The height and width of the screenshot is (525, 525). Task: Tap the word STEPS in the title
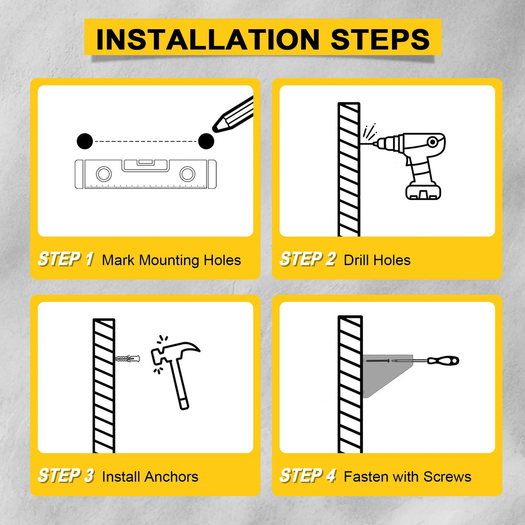(380, 39)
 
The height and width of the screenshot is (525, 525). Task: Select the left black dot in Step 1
(85, 140)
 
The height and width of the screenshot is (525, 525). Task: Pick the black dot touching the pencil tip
(206, 140)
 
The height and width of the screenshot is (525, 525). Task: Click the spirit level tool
(146, 174)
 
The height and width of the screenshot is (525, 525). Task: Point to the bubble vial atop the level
(145, 163)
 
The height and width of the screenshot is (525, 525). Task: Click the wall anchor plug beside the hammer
(125, 358)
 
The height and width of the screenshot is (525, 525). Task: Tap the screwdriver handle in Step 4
(443, 361)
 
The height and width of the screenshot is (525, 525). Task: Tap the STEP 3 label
(66, 476)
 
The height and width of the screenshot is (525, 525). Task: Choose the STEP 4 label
(308, 476)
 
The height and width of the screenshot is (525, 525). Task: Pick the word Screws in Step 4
(447, 477)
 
